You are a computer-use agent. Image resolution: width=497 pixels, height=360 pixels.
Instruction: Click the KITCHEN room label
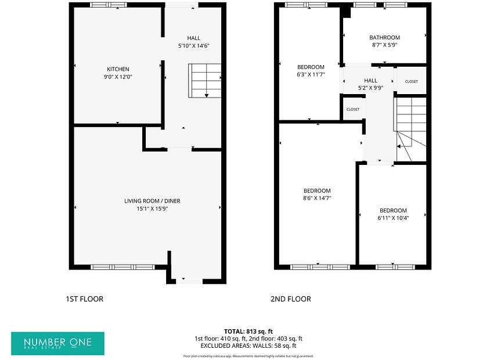pos(118,69)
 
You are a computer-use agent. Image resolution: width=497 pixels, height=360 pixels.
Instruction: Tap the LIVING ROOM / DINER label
pos(152,201)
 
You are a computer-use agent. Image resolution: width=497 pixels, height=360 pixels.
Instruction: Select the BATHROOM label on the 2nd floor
pos(384,37)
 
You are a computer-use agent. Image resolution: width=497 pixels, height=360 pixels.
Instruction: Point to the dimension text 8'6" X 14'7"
pos(317,199)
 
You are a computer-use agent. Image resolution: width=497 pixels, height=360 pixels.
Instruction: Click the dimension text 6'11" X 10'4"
pos(393,218)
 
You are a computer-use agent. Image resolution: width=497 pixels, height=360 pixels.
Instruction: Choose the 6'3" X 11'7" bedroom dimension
pos(311,75)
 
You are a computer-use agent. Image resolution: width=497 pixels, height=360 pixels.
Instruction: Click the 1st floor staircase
pos(205,81)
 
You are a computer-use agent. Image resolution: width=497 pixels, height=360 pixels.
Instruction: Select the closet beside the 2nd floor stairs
pos(412,81)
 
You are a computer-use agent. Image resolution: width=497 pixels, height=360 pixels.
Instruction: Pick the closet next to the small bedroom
pos(353,109)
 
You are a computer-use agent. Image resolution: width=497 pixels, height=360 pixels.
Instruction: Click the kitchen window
pos(109,5)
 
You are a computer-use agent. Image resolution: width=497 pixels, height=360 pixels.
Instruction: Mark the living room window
pos(123,267)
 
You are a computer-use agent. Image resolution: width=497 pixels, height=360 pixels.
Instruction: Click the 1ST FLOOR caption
pos(85,299)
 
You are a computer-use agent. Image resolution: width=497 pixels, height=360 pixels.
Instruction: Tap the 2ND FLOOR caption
pos(291,299)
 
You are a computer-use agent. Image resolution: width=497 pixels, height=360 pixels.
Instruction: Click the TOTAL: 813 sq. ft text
pos(248,332)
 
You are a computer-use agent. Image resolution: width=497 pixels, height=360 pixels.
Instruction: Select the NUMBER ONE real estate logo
pos(57,344)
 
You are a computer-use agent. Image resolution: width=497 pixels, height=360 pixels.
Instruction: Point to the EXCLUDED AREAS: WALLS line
pos(248,345)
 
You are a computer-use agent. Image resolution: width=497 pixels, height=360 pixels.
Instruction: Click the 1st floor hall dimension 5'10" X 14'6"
pos(194,46)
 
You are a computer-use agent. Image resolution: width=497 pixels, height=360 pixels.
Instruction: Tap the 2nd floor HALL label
pos(370,81)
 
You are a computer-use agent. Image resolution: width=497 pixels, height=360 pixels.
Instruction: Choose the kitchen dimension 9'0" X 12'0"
pos(118,77)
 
